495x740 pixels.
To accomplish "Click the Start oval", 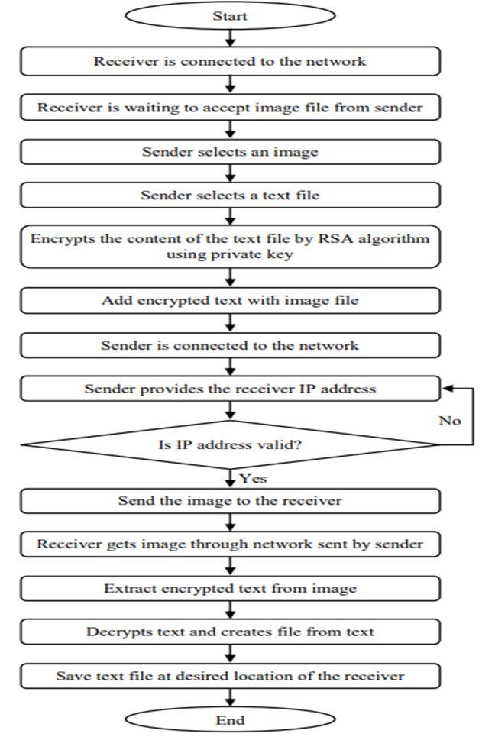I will point(230,16).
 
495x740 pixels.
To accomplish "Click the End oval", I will point(230,720).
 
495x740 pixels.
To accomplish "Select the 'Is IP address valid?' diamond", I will point(230,444).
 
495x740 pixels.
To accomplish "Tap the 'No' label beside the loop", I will point(450,421).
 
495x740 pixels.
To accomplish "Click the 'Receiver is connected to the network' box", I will point(230,61).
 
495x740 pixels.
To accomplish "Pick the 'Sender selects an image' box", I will point(230,151).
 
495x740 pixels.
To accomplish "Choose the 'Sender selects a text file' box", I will point(230,196).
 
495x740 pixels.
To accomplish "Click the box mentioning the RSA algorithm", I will point(230,246).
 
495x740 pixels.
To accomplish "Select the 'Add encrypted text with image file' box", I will point(230,300).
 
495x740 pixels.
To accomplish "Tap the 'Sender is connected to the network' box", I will point(230,345).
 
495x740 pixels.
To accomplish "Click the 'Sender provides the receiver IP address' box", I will point(230,389).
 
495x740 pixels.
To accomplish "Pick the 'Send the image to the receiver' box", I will point(230,501).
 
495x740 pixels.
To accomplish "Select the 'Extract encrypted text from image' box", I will point(230,589).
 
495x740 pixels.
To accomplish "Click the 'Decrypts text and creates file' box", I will point(230,632).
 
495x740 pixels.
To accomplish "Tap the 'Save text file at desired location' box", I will point(230,676).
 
